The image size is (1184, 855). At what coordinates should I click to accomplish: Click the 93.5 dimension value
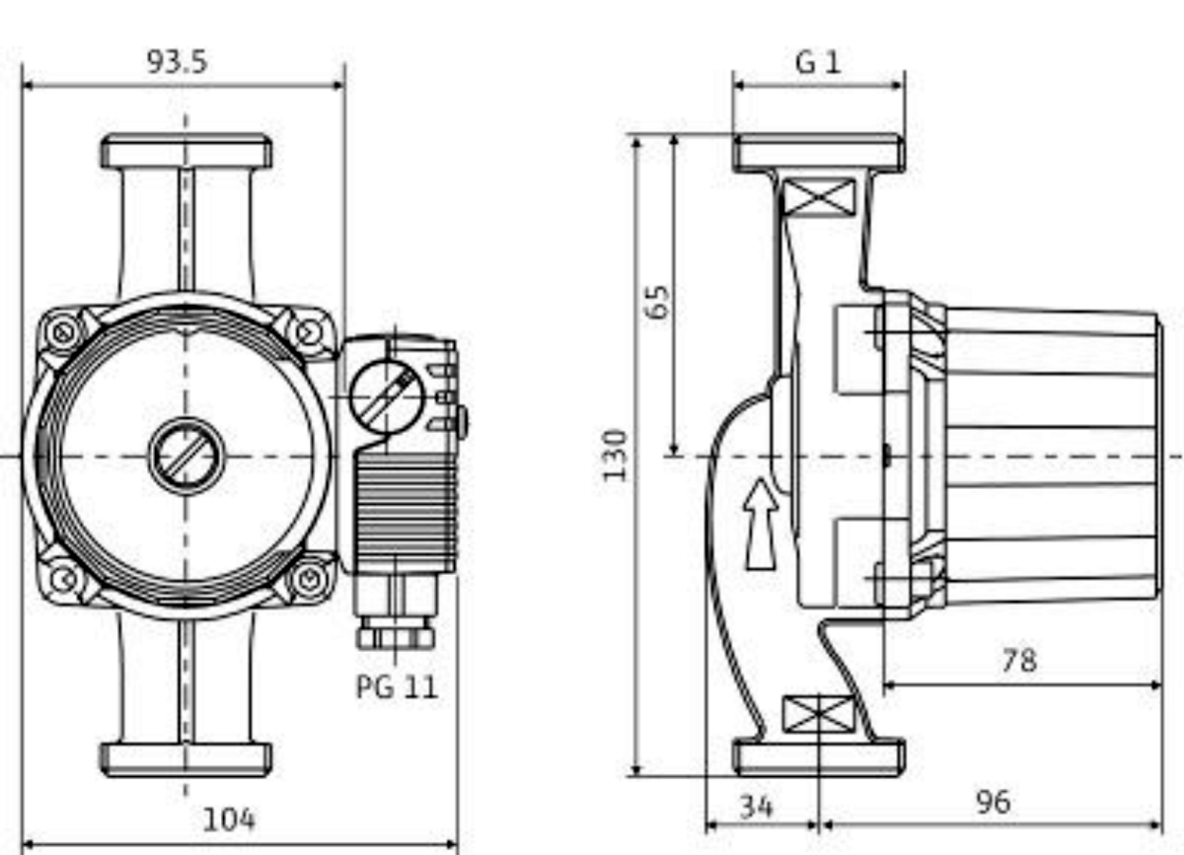(x=178, y=62)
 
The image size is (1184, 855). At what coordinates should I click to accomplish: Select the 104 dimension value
(x=229, y=819)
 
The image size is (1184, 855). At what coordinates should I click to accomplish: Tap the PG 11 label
(x=396, y=686)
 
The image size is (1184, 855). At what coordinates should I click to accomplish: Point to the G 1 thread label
(x=818, y=63)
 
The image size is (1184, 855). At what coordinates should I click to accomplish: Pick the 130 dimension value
(x=616, y=454)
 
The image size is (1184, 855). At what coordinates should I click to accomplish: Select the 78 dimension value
(x=1018, y=660)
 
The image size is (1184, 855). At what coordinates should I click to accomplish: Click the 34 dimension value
(x=756, y=806)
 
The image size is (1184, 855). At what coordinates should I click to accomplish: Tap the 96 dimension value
(x=992, y=802)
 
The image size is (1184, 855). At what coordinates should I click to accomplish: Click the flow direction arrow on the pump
(x=761, y=524)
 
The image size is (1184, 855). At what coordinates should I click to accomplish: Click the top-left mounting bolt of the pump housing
(x=63, y=332)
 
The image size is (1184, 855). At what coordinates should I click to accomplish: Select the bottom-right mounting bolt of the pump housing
(x=310, y=578)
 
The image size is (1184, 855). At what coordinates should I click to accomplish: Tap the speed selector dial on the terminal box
(x=386, y=394)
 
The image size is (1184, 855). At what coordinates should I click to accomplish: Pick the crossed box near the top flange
(x=818, y=198)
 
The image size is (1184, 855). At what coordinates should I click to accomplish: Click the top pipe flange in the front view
(x=186, y=152)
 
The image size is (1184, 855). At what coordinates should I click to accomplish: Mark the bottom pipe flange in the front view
(x=186, y=759)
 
